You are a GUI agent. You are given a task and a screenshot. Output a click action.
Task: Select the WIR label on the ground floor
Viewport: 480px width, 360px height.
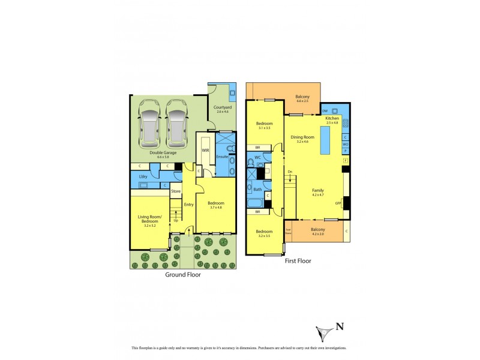(205, 150)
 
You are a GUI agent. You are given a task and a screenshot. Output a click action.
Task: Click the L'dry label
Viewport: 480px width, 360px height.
(143, 176)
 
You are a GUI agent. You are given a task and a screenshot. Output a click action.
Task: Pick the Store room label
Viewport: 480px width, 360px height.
(176, 192)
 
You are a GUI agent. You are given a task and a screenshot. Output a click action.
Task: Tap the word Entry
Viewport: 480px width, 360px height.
(189, 205)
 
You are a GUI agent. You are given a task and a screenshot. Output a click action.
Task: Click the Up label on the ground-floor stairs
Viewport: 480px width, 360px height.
(176, 220)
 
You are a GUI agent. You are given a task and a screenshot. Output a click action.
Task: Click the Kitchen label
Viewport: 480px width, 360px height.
(332, 119)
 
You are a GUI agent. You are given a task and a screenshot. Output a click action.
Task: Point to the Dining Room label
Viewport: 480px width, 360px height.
(302, 137)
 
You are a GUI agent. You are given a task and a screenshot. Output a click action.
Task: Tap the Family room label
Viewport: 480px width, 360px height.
(318, 191)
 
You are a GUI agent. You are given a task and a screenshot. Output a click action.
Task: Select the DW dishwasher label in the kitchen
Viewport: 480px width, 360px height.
(325, 111)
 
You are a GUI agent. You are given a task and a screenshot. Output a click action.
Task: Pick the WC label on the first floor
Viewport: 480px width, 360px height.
(257, 158)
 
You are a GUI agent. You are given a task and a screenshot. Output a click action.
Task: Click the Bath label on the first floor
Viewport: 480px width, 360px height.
(257, 190)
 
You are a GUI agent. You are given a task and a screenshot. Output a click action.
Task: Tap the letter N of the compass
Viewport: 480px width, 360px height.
(340, 327)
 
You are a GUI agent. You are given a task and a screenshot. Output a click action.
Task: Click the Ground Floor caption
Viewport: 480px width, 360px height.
(183, 275)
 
